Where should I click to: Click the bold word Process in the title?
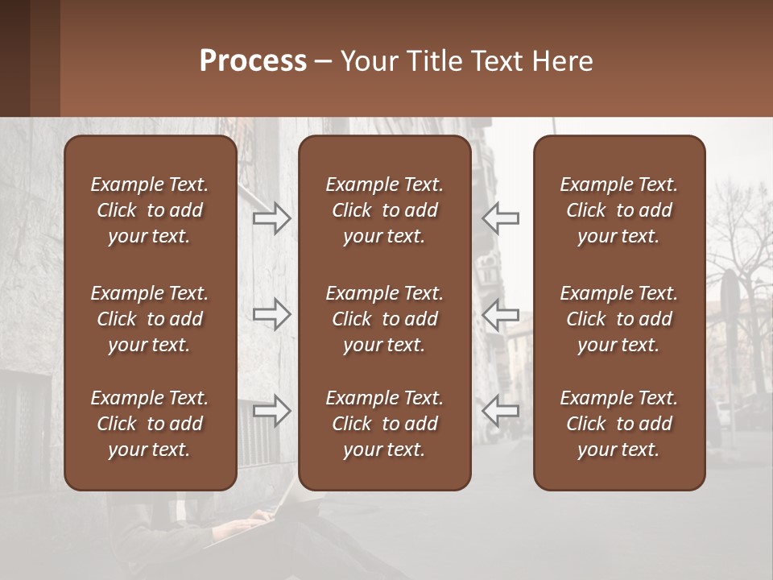pos(253,61)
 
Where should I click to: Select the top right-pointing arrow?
pos(271,218)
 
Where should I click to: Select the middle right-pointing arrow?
pos(271,314)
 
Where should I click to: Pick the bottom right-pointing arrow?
pos(271,411)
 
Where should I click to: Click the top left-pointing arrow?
pos(501,218)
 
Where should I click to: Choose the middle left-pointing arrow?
pos(501,314)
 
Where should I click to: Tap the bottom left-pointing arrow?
pos(501,411)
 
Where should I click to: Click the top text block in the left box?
pos(150,210)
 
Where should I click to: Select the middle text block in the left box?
pos(150,319)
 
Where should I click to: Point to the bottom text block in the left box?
pos(150,424)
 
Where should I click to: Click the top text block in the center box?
pos(384,210)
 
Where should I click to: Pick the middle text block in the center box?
pos(384,319)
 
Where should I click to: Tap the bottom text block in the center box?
pos(384,424)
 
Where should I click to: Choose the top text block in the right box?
pos(618,210)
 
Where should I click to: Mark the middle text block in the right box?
pos(618,319)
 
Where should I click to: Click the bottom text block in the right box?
pos(618,424)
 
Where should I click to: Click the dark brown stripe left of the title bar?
pos(14,58)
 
